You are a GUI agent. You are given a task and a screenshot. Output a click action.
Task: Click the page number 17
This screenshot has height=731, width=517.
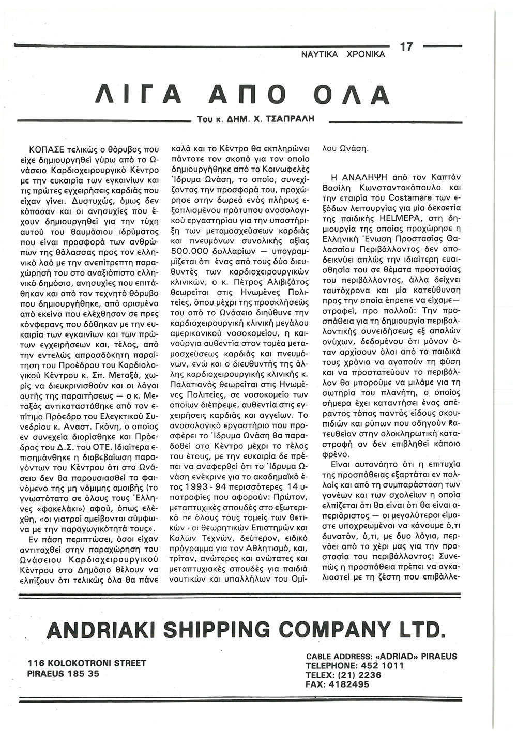pos(407,47)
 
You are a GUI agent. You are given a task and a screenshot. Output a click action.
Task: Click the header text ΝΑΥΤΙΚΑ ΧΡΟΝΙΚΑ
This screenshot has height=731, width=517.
pos(343,54)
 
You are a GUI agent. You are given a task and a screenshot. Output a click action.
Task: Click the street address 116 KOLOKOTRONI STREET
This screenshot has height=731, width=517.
pos(87,663)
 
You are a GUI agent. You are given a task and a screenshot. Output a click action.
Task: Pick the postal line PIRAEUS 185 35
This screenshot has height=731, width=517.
pos(64,673)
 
